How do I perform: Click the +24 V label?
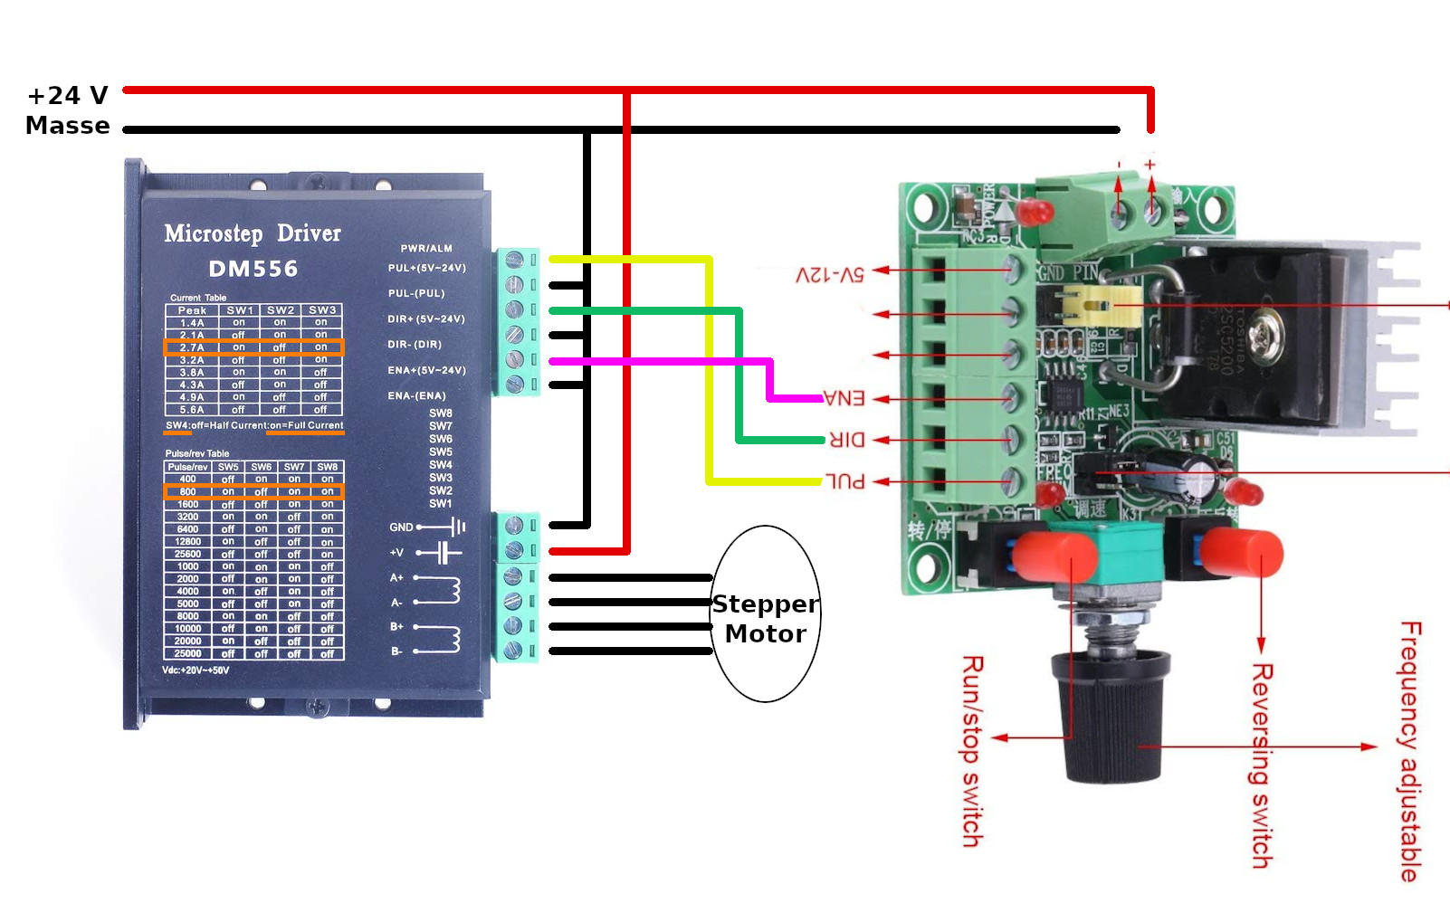tap(68, 96)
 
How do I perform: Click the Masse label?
tap(68, 126)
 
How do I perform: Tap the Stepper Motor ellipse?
tap(766, 615)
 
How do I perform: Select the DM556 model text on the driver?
tap(253, 269)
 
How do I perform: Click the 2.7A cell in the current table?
tap(192, 347)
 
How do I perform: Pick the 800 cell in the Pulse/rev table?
tap(187, 492)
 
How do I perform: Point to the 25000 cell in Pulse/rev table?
tap(187, 653)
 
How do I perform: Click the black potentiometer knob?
tap(1110, 724)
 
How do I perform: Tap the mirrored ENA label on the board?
tap(844, 398)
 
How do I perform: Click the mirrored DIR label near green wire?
tap(847, 440)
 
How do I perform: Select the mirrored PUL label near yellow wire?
tap(845, 481)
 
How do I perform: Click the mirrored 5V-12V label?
tap(829, 273)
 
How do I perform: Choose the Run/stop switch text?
tap(972, 751)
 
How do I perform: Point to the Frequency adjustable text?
tap(1410, 751)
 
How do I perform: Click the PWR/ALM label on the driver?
tap(426, 249)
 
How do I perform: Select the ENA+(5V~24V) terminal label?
tap(426, 370)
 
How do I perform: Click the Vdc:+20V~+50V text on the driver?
tap(196, 670)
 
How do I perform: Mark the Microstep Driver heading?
tap(253, 233)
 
